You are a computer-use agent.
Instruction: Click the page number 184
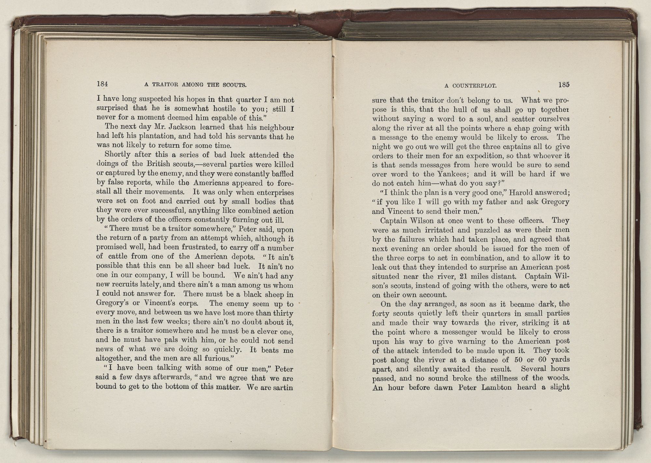(102, 84)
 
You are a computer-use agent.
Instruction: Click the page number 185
(564, 84)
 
